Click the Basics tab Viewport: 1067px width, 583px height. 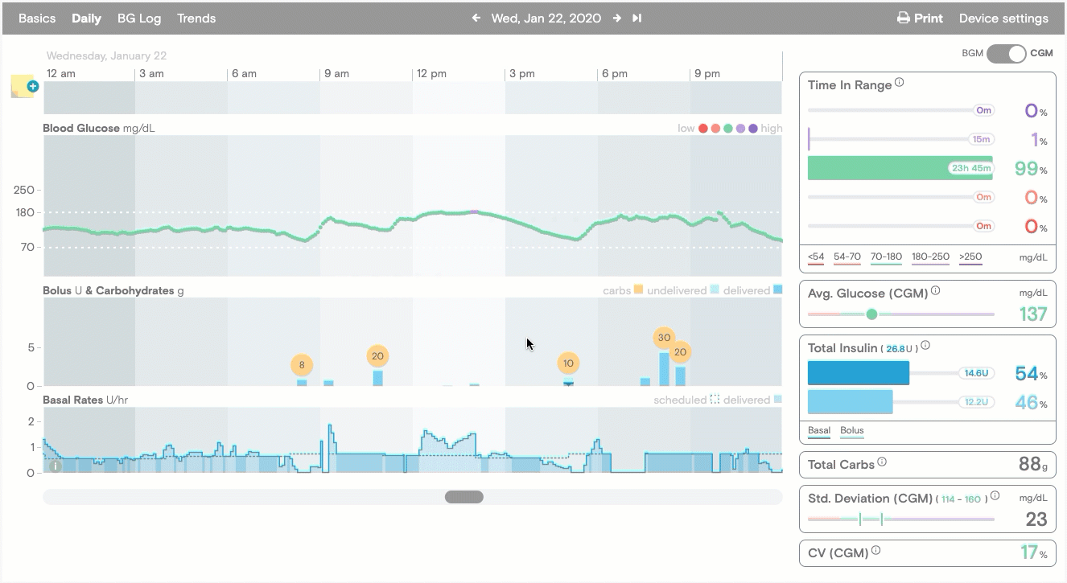tap(37, 18)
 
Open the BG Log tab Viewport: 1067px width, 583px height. tap(139, 18)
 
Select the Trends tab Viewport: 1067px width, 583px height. tap(196, 18)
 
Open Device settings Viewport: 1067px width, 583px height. tap(1003, 18)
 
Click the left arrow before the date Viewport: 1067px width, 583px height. tap(476, 18)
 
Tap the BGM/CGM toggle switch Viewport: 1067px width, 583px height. tap(1007, 54)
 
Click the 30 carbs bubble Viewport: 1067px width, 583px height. tap(664, 338)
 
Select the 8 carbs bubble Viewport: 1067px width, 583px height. tap(302, 365)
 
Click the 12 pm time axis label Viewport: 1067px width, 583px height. tap(431, 74)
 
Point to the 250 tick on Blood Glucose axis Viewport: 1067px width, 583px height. tap(24, 191)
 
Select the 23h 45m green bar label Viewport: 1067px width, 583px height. tap(970, 168)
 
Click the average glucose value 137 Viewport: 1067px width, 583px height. tap(1033, 314)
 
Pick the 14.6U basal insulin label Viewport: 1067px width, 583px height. tap(975, 373)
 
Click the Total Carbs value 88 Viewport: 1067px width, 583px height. tap(1030, 464)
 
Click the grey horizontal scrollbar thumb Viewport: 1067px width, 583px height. tap(464, 497)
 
